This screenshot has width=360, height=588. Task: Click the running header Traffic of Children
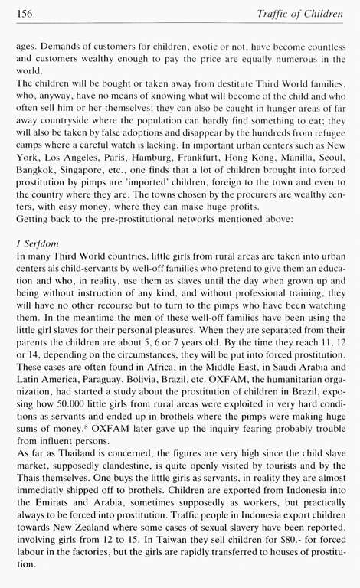[x=302, y=13]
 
